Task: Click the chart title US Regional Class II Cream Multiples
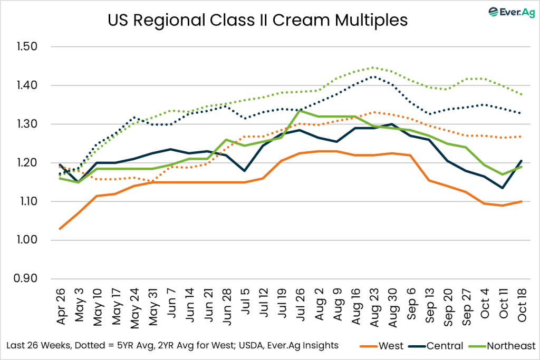[x=257, y=20]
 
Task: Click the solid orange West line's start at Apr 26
[x=60, y=229]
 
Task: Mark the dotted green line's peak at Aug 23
[x=373, y=67]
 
